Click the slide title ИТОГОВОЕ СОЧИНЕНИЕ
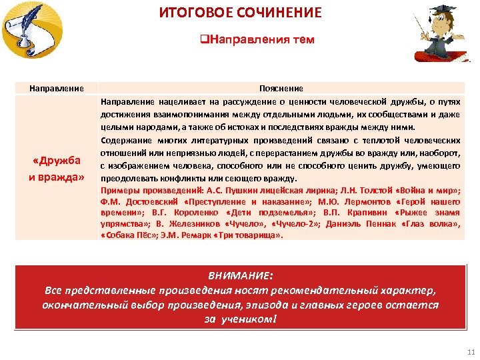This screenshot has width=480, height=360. pyautogui.click(x=240, y=13)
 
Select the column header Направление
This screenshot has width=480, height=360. pyautogui.click(x=57, y=88)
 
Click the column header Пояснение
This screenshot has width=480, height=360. pyautogui.click(x=281, y=88)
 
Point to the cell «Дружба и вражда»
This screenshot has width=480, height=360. pyautogui.click(x=57, y=169)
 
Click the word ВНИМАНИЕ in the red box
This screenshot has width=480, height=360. pyautogui.click(x=240, y=275)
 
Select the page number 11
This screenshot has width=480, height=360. pyautogui.click(x=471, y=352)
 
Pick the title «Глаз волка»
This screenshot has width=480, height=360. pyautogui.click(x=431, y=225)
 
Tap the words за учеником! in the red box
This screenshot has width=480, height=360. pyautogui.click(x=240, y=319)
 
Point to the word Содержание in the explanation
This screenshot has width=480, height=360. pyautogui.click(x=127, y=140)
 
